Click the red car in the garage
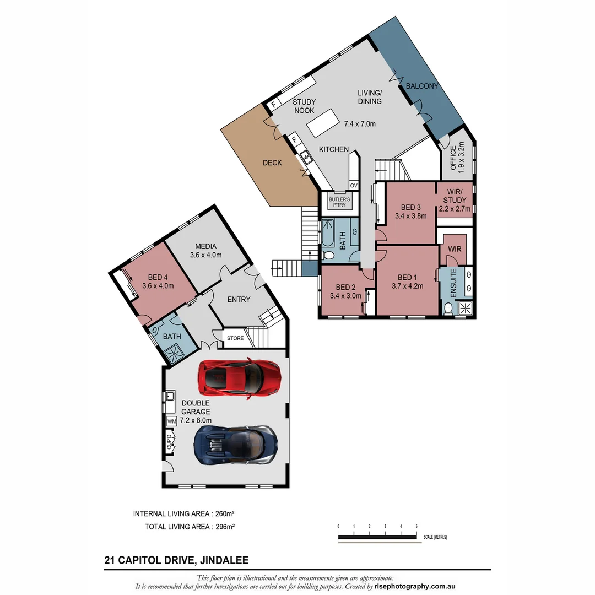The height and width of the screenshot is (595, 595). [x=240, y=377]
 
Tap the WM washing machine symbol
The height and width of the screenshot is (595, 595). [x=171, y=421]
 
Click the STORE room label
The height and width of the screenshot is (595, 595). [x=235, y=338]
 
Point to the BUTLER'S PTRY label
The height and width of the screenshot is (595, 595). [x=340, y=202]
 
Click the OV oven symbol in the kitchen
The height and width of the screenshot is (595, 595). [x=354, y=186]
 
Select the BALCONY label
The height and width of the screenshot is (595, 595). [x=421, y=86]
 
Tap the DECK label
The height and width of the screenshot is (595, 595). [x=272, y=163]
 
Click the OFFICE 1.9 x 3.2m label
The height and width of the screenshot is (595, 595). [x=457, y=158]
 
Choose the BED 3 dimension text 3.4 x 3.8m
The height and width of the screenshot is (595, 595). [x=411, y=216]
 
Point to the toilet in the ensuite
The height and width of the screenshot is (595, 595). [x=448, y=309]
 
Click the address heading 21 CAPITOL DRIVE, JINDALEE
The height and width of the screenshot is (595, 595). [x=176, y=561]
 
